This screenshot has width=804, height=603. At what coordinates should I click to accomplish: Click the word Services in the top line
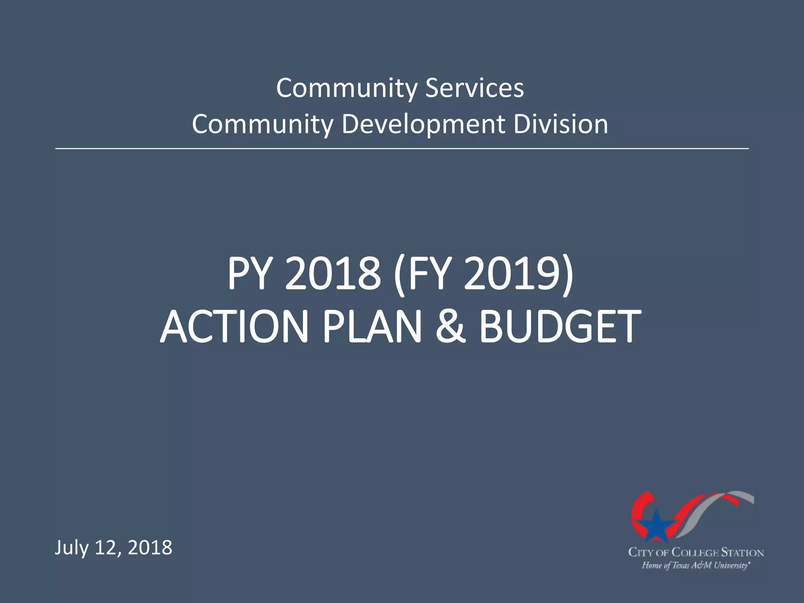click(x=475, y=88)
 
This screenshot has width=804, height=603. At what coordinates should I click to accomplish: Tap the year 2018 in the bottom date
click(x=150, y=548)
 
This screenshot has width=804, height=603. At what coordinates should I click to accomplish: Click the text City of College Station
click(x=696, y=553)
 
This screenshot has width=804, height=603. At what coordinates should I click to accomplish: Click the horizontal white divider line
click(x=402, y=149)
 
